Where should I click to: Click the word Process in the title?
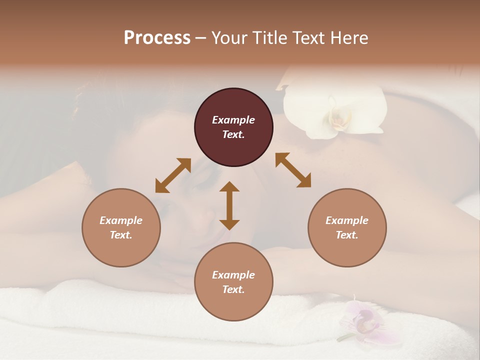pyautogui.click(x=157, y=38)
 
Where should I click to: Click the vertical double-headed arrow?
pyautogui.click(x=229, y=205)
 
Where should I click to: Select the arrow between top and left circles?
pyautogui.click(x=173, y=175)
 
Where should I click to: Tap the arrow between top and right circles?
pyautogui.click(x=293, y=170)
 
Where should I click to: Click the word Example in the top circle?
pyautogui.click(x=233, y=120)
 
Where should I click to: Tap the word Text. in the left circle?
pyautogui.click(x=121, y=235)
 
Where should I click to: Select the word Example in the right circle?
pyautogui.click(x=346, y=220)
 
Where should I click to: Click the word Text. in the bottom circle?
pyautogui.click(x=233, y=289)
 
